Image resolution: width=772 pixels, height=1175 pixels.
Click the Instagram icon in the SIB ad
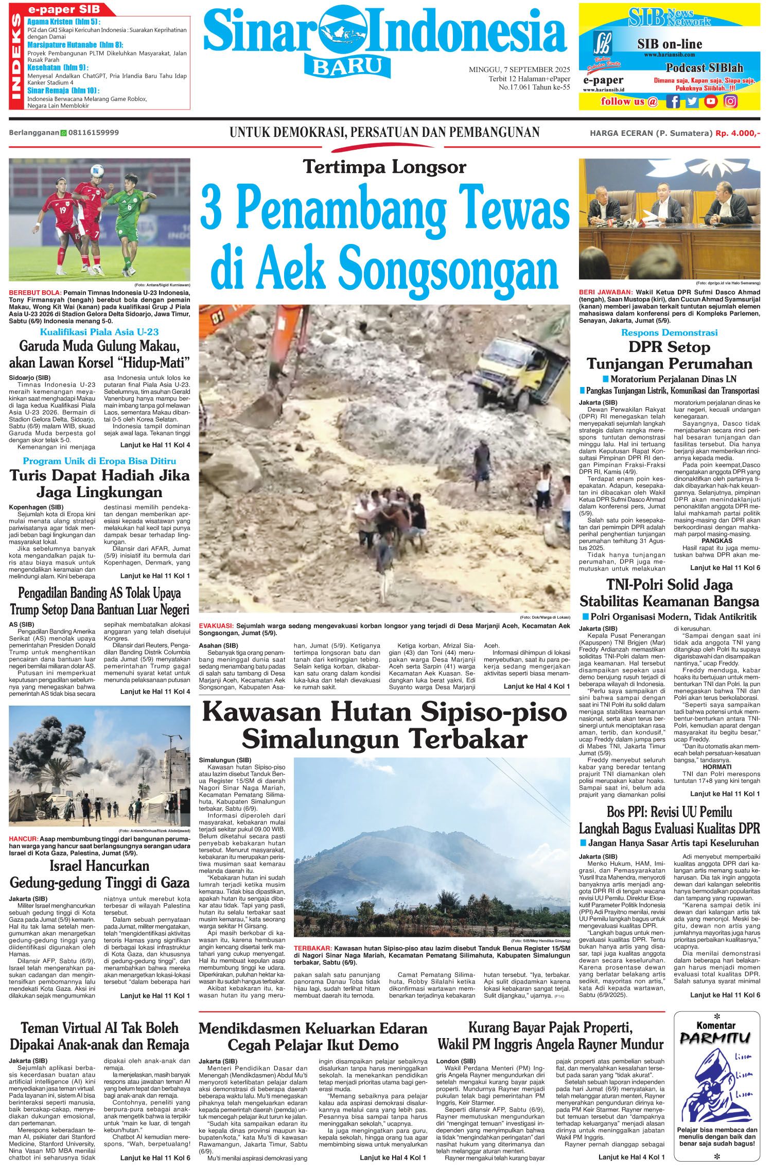pyautogui.click(x=730, y=101)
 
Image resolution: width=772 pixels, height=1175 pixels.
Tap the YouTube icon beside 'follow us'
pyautogui.click(x=711, y=101)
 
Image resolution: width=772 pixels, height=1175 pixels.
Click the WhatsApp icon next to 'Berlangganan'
pyautogui.click(x=64, y=133)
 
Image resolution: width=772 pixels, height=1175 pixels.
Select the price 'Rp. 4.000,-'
pyautogui.click(x=737, y=133)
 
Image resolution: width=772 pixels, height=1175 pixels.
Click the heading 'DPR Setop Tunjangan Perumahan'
pyautogui.click(x=669, y=355)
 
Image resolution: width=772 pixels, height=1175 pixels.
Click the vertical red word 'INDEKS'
pyautogui.click(x=16, y=57)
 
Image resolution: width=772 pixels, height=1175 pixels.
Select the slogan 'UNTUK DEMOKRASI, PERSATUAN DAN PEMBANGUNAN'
pyautogui.click(x=384, y=133)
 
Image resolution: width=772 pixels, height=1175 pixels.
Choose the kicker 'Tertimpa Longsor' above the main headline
pyautogui.click(x=384, y=167)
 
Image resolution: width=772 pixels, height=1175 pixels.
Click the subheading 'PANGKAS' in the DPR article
pyautogui.click(x=716, y=541)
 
